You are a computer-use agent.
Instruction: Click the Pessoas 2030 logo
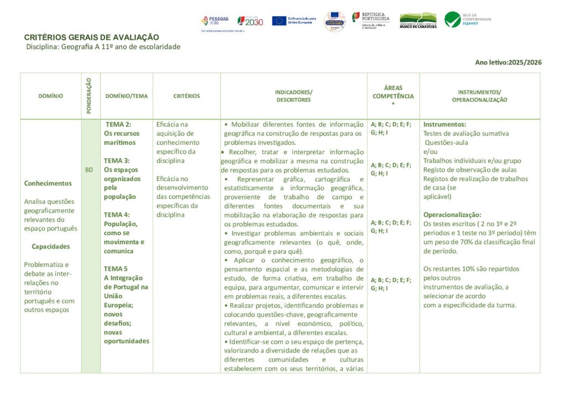(214, 21)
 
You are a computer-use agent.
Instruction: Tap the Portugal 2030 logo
(250, 21)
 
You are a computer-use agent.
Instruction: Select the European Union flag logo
(279, 21)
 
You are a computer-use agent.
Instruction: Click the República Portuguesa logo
(371, 20)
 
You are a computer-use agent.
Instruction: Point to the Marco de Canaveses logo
(418, 21)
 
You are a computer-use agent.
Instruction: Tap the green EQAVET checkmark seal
(453, 20)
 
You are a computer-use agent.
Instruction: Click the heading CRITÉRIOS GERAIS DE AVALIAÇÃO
(92, 37)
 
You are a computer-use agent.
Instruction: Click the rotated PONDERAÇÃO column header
(89, 96)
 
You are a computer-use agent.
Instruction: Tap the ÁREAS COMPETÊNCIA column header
(393, 96)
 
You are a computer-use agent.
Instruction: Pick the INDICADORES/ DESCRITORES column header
(294, 96)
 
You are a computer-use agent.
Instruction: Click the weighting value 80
(89, 170)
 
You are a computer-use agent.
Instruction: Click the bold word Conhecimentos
(48, 183)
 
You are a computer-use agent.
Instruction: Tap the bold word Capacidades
(50, 246)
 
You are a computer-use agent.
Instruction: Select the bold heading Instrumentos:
(444, 124)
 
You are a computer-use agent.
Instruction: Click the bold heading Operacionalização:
(452, 215)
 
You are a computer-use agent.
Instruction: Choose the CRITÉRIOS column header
(186, 96)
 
